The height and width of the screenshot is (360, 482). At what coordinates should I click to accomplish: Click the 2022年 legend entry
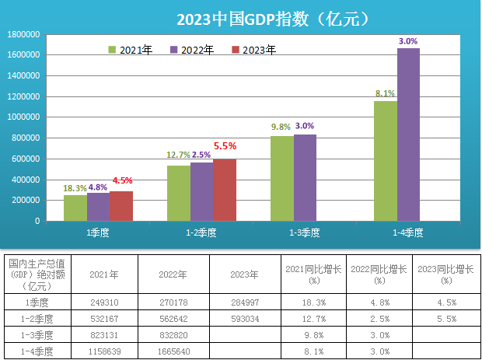(191, 50)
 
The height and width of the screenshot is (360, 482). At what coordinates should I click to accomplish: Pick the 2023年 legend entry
(253, 50)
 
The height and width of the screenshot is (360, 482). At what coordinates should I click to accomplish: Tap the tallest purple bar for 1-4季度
(408, 135)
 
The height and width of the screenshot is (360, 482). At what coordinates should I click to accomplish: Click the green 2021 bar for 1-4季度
(385, 161)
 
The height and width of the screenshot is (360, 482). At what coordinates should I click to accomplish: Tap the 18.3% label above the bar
(75, 187)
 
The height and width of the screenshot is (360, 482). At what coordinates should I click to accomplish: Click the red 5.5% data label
(225, 145)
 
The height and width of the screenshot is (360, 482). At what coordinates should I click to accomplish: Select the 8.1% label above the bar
(385, 93)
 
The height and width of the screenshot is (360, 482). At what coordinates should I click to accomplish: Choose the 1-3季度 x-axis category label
(305, 232)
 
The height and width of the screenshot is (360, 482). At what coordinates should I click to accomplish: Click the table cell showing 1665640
(174, 351)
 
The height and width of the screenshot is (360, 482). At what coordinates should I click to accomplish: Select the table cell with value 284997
(245, 302)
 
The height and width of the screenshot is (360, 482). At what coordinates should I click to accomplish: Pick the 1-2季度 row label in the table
(37, 318)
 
